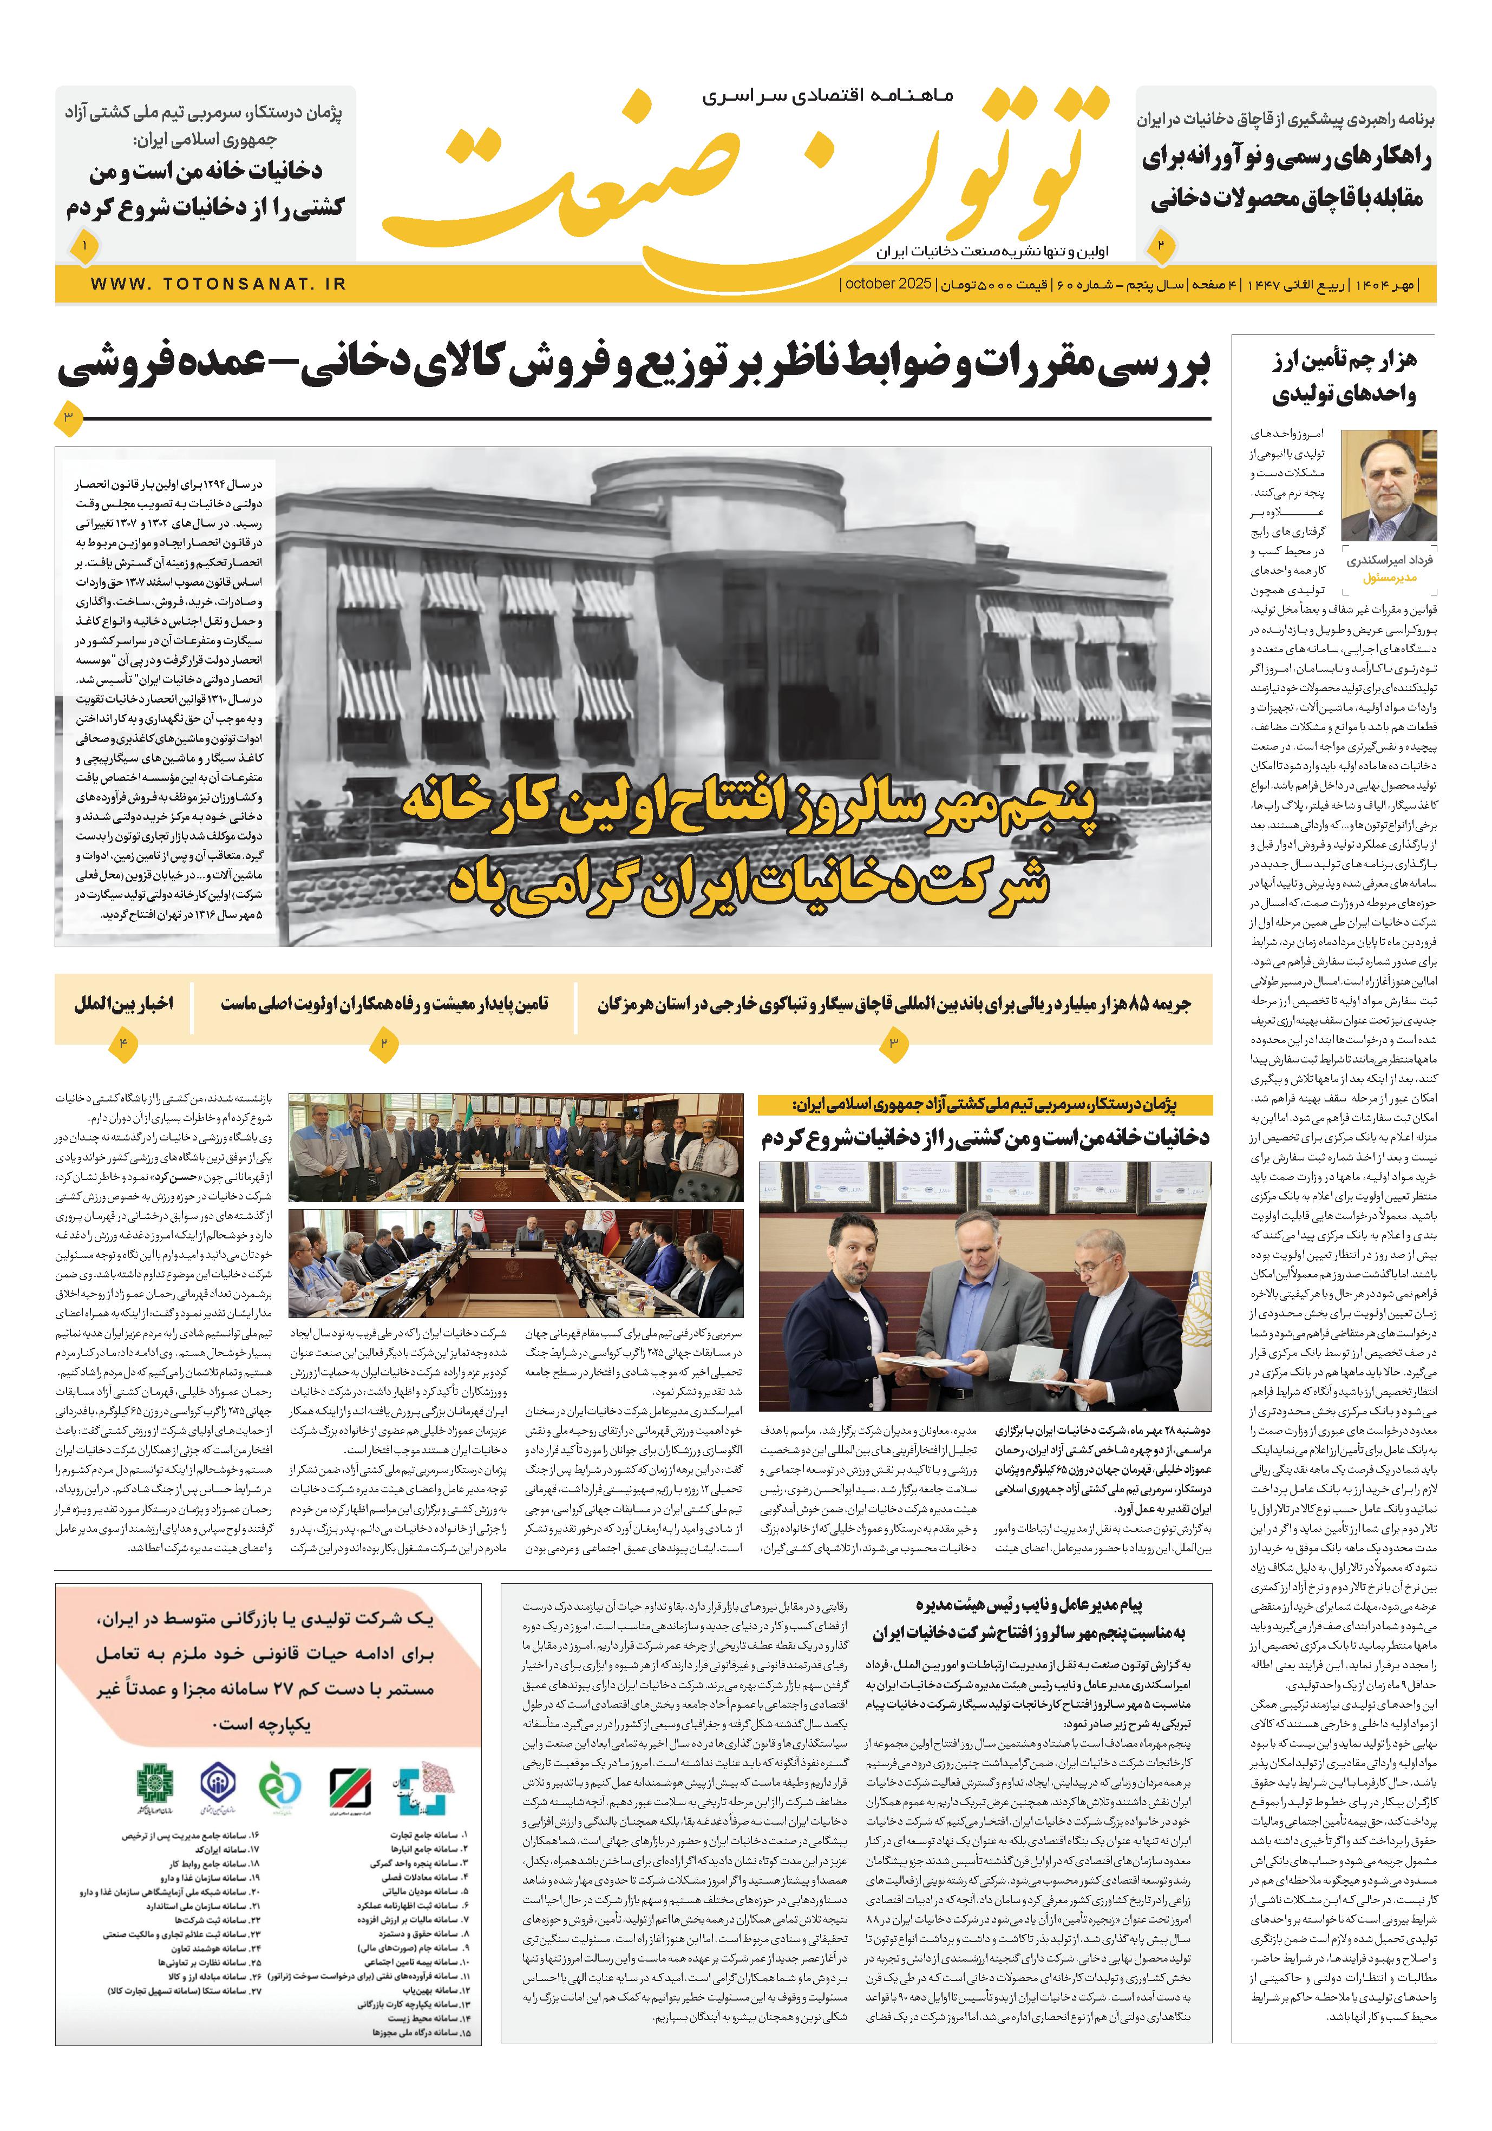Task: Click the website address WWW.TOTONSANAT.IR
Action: (x=219, y=284)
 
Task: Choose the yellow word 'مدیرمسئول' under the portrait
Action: (x=1390, y=578)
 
